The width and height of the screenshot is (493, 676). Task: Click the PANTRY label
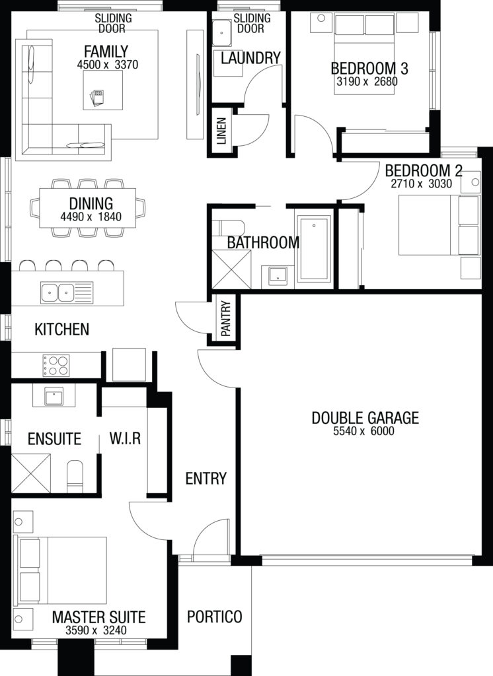[226, 319]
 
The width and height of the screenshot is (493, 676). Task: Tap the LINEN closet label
[222, 131]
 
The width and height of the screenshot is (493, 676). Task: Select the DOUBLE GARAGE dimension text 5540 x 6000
[363, 430]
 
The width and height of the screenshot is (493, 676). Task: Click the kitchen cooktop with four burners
[56, 365]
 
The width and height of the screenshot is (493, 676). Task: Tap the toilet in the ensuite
[75, 476]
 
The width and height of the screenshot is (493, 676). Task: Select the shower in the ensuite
[30, 473]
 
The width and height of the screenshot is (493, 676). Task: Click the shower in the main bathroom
[231, 269]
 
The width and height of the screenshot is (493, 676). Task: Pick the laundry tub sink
[223, 33]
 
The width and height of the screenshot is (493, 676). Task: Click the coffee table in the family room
[102, 90]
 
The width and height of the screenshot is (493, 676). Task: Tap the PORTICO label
[215, 617]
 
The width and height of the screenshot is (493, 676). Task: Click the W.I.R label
[125, 438]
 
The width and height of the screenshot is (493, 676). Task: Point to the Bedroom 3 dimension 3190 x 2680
[367, 81]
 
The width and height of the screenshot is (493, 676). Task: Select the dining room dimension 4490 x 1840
[91, 217]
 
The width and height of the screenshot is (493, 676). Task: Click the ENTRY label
[206, 478]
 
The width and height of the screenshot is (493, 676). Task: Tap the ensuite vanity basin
[54, 395]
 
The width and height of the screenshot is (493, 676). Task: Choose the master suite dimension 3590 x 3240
[96, 630]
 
